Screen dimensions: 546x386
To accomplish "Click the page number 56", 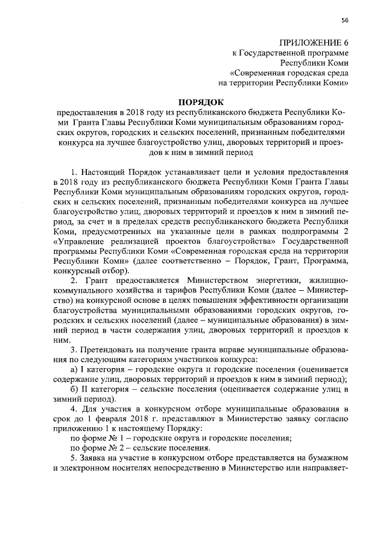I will [x=344, y=20].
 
